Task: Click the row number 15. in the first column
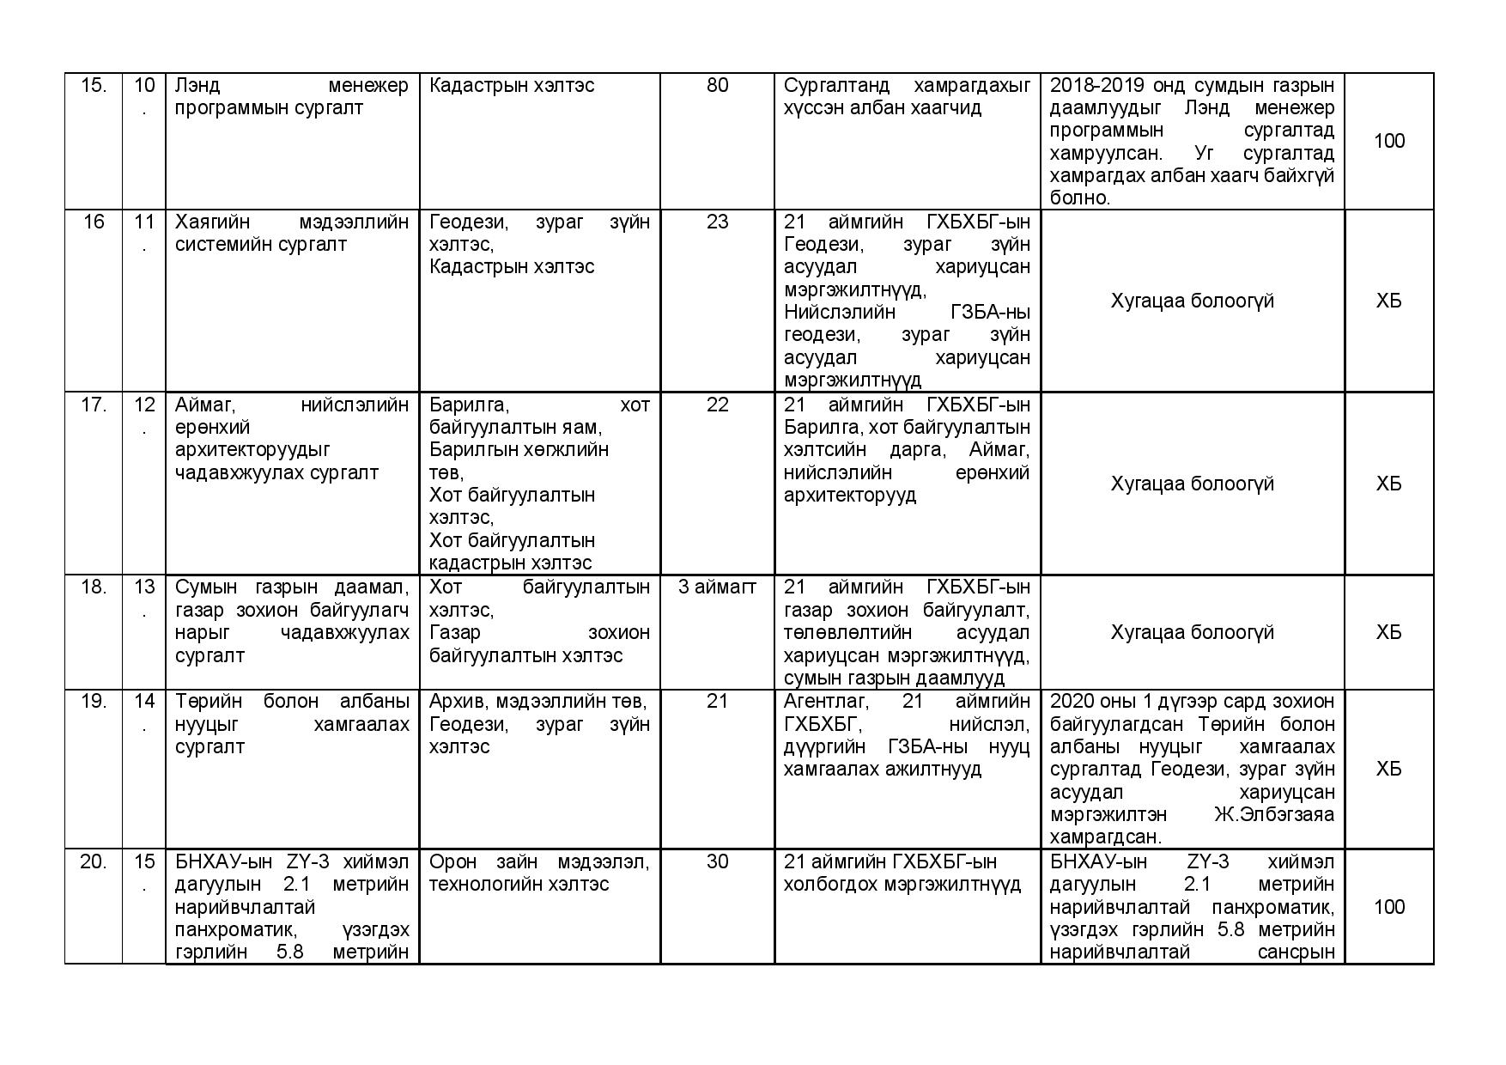(93, 85)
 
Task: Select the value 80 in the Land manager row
(717, 85)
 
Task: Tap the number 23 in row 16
(717, 222)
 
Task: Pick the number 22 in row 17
(717, 405)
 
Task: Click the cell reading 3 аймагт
(717, 587)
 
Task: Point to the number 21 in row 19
(717, 701)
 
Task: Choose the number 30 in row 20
(717, 861)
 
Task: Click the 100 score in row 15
(1388, 141)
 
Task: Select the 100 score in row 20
(1388, 907)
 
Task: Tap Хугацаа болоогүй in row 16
(1192, 301)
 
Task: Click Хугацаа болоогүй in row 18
(1192, 632)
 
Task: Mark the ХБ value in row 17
(1388, 484)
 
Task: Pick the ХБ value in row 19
(1388, 769)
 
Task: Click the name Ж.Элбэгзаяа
(1274, 814)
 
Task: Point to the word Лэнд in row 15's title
(197, 85)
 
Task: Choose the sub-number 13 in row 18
(144, 587)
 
